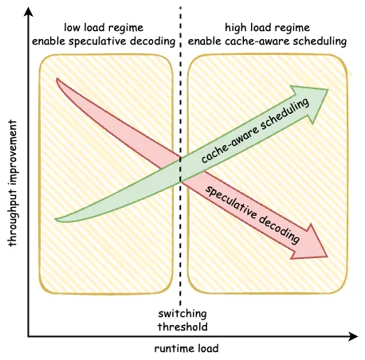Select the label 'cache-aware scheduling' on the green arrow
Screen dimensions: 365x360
[255, 131]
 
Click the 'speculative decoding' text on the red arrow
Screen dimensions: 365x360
[253, 214]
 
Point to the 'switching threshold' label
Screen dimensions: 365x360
[182, 320]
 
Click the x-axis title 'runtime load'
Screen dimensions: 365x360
[186, 348]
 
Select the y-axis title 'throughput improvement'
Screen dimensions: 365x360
[12, 183]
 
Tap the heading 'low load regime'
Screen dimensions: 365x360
[104, 27]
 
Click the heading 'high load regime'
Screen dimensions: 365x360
[267, 27]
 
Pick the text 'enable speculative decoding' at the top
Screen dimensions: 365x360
[104, 41]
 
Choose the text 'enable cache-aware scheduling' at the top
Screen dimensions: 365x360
[267, 41]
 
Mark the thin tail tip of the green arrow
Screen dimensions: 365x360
[55, 219]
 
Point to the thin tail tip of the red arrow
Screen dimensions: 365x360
[57, 79]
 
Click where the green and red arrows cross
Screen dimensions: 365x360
[181, 170]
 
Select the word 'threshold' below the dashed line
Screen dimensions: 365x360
[182, 327]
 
